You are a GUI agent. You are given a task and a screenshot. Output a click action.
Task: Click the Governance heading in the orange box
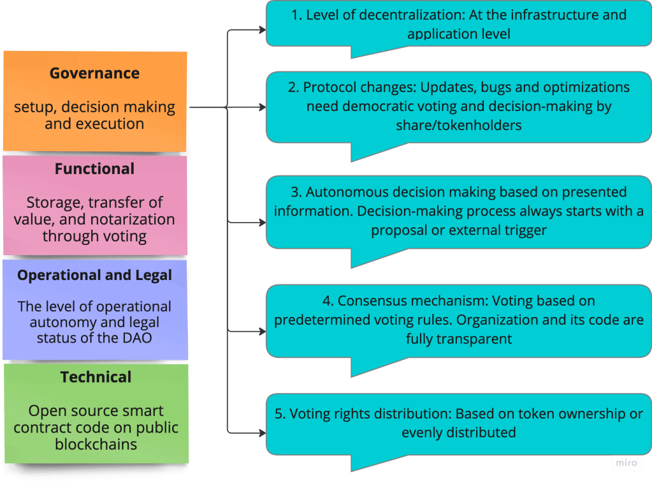tap(94, 73)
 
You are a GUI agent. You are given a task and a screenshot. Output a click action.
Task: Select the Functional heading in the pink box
tap(94, 169)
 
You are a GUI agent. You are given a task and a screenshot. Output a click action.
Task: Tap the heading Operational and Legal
tap(94, 276)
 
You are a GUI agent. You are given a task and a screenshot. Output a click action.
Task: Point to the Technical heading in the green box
tap(96, 377)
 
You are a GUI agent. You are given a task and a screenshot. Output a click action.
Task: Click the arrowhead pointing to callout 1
tap(262, 29)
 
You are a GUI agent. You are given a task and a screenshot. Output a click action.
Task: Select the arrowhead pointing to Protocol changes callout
tap(262, 108)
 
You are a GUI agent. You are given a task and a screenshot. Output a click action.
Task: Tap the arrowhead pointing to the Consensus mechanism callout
tap(262, 332)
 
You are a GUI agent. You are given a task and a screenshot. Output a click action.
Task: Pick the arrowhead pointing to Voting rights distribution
tap(262, 433)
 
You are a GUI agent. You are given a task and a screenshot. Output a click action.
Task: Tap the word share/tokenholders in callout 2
tap(458, 125)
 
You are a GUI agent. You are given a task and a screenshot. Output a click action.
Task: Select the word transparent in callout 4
tap(474, 339)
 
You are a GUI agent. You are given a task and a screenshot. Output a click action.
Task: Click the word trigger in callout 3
tap(525, 230)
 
